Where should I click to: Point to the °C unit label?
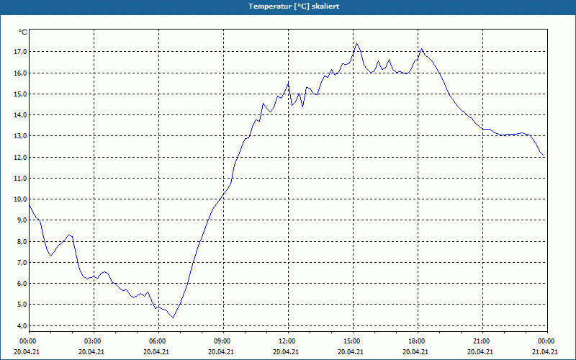23,32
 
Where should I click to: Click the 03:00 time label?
94,341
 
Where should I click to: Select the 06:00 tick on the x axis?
158,341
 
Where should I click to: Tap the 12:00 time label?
287,341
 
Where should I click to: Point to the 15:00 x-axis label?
352,341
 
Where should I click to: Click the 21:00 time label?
482,341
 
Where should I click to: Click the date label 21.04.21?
546,352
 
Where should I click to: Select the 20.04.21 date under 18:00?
416,352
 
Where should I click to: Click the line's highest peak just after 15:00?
357,43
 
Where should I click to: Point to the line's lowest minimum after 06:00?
173,318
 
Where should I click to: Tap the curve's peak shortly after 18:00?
422,49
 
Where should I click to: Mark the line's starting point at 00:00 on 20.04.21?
29,204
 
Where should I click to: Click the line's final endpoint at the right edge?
545,156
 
